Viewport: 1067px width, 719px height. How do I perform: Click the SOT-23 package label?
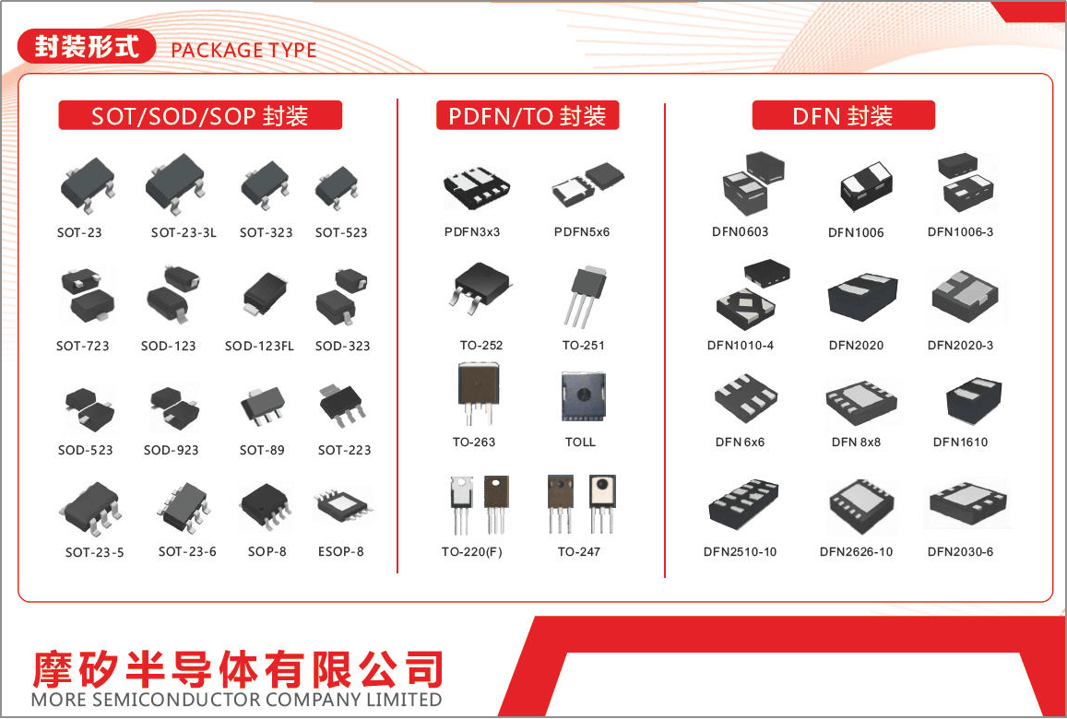[79, 232]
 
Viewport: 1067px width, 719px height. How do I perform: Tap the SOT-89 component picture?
[263, 406]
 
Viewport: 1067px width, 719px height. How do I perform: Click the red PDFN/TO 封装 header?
[528, 115]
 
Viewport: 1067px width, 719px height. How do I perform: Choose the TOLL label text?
[580, 442]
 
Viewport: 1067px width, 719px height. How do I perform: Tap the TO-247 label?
[578, 551]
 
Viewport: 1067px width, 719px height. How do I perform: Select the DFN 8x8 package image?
[860, 403]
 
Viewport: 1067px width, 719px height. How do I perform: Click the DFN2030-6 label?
[959, 551]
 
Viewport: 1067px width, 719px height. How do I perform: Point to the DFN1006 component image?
[866, 187]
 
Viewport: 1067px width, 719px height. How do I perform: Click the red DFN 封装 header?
[843, 115]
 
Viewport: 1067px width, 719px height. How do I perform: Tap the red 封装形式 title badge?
[87, 47]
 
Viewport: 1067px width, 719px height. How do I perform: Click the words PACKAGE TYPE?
[243, 51]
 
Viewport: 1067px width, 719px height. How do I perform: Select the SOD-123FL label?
[259, 347]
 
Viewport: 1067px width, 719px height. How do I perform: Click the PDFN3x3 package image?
[477, 187]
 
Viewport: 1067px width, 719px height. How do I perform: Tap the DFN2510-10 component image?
[743, 504]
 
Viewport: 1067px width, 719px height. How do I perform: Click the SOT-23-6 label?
[187, 551]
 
